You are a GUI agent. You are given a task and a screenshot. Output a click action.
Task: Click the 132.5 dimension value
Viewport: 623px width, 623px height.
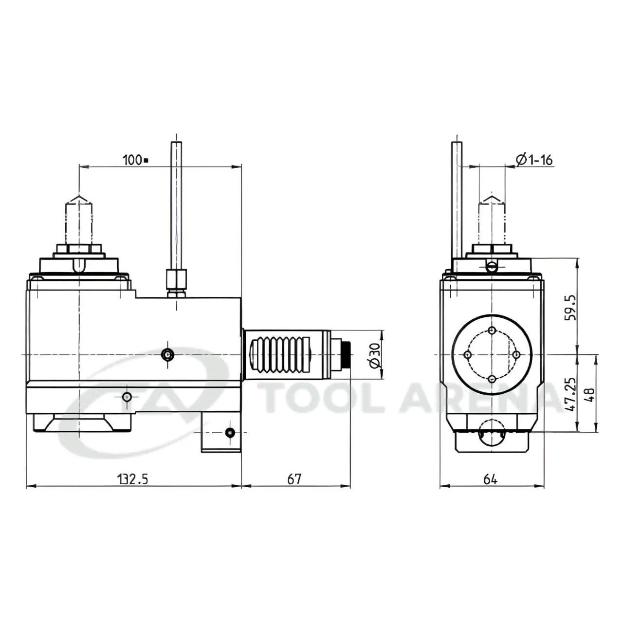(x=133, y=479)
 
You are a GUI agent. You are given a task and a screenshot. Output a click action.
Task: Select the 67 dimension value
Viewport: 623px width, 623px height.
(x=294, y=479)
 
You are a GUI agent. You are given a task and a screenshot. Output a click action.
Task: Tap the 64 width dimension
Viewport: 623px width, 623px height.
(x=491, y=479)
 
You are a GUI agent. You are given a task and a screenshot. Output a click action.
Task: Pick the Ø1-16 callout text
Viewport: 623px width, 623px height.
(x=534, y=160)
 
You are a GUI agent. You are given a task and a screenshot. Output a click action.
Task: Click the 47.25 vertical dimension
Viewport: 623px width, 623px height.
(x=570, y=394)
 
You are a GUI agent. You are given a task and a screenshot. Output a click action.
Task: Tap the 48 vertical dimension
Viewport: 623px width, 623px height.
(x=589, y=394)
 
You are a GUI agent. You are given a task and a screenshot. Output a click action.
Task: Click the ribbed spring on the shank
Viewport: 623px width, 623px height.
(x=280, y=355)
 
